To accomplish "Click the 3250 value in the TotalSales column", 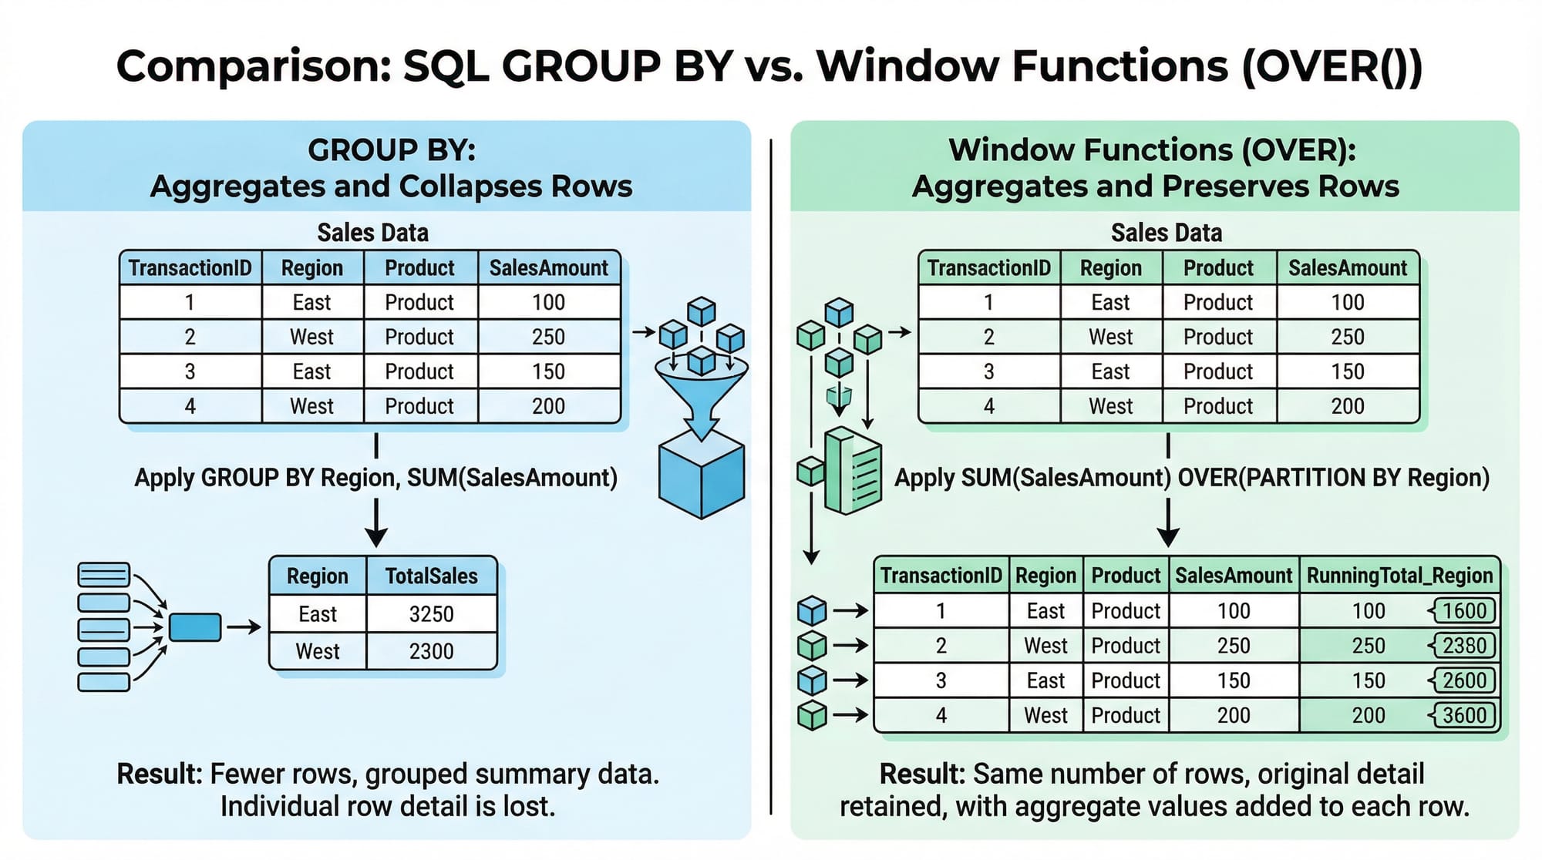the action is coord(431,614).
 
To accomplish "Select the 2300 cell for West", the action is coord(431,651).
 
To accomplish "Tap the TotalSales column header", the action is coord(431,576).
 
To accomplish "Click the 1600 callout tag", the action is coord(1462,611).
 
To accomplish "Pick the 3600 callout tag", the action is coord(1462,715).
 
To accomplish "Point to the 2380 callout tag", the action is coord(1462,646).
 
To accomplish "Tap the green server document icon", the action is coord(853,471).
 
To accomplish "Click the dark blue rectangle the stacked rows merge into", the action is coord(195,627).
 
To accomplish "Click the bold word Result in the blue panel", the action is coord(159,774).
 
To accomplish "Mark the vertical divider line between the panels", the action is coord(771,476).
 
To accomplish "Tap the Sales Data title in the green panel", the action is coord(1166,233).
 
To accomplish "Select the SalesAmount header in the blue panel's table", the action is coord(548,268).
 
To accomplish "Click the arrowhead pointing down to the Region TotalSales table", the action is coord(375,537).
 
